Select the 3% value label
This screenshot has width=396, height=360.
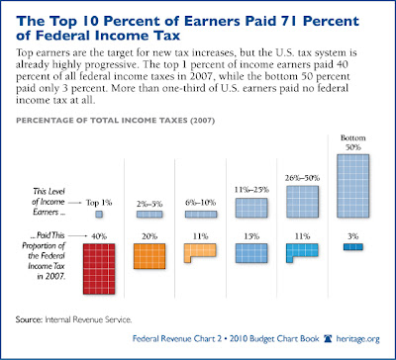click(x=351, y=234)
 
